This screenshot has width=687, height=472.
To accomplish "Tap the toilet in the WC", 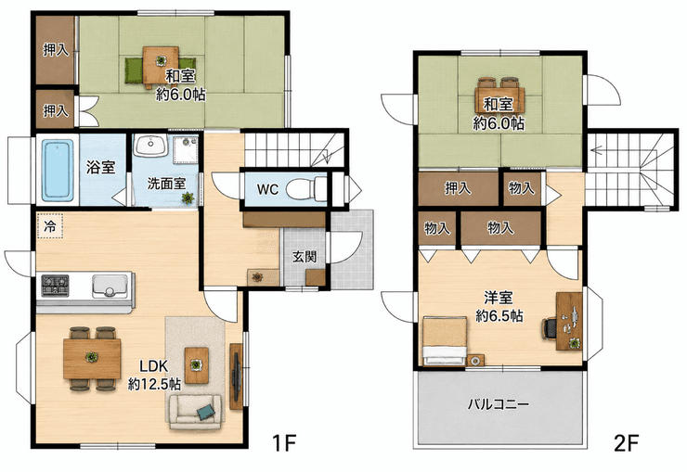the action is [x=306, y=188].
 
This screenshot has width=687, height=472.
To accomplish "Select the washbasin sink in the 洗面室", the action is [x=149, y=145].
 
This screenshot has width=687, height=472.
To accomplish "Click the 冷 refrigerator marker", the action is [x=50, y=226].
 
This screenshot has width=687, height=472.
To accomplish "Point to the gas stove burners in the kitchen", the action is [x=55, y=286].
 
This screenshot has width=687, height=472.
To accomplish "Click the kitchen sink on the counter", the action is [x=110, y=286].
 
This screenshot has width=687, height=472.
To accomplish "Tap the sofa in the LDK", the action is [x=195, y=412].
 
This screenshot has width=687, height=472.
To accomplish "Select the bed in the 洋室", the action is [x=445, y=341].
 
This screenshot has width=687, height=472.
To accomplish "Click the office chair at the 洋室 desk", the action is [x=550, y=328].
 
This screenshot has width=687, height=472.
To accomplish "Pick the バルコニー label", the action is [x=499, y=403].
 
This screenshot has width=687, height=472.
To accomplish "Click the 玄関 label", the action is [x=305, y=256].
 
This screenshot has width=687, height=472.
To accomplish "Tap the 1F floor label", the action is [x=285, y=443].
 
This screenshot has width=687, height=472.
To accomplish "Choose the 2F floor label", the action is [x=627, y=443].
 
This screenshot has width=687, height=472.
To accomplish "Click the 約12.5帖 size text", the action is [x=154, y=384].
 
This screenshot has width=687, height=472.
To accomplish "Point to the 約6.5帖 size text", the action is [x=499, y=315].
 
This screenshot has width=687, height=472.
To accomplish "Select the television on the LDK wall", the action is [x=237, y=376].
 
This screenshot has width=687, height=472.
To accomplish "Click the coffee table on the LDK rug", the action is [x=196, y=364].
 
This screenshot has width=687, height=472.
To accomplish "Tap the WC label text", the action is [x=267, y=189].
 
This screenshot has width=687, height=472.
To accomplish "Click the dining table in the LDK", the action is [x=92, y=359].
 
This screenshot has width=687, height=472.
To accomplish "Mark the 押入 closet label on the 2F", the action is [x=458, y=188].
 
